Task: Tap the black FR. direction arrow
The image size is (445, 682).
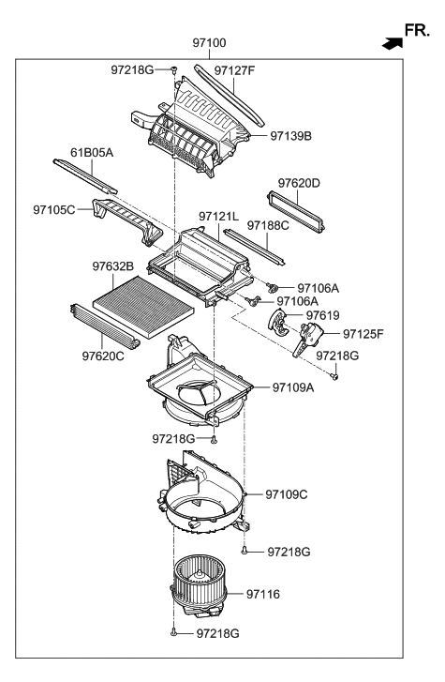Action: click(x=385, y=42)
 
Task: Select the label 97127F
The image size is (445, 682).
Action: click(x=235, y=69)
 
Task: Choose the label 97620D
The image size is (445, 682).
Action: click(x=299, y=183)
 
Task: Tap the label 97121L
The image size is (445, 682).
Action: click(x=220, y=217)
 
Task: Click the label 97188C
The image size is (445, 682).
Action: click(x=268, y=226)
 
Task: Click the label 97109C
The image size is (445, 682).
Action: click(x=287, y=493)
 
